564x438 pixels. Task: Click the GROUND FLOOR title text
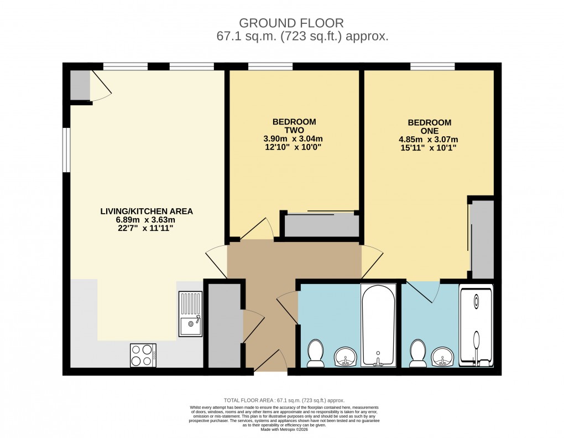coord(291,23)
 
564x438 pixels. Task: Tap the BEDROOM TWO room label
coord(294,126)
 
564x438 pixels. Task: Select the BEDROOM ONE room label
coord(429,126)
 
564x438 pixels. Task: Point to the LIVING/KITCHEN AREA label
coord(147,212)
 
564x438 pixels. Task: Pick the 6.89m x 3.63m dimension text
coord(147,220)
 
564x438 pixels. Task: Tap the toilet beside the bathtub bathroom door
coord(316,353)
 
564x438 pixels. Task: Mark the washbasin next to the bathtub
coord(347,357)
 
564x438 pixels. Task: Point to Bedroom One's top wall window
coord(432,67)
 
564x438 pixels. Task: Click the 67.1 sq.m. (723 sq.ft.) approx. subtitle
coord(302,37)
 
